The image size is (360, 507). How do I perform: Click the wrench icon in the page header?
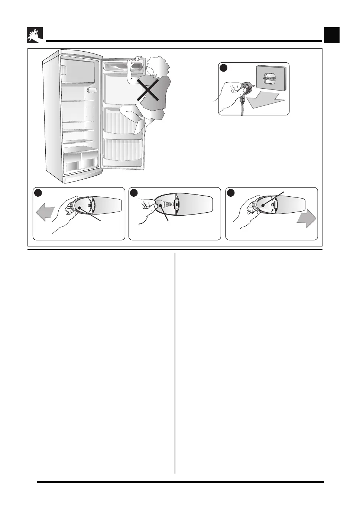point(35,35)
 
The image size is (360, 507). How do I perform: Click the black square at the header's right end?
point(331,35)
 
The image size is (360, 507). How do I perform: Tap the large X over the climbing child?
point(148,90)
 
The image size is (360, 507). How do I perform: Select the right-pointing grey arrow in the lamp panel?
point(307,219)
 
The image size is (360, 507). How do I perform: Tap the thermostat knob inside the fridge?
point(92,90)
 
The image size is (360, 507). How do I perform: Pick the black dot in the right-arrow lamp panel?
point(231,193)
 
